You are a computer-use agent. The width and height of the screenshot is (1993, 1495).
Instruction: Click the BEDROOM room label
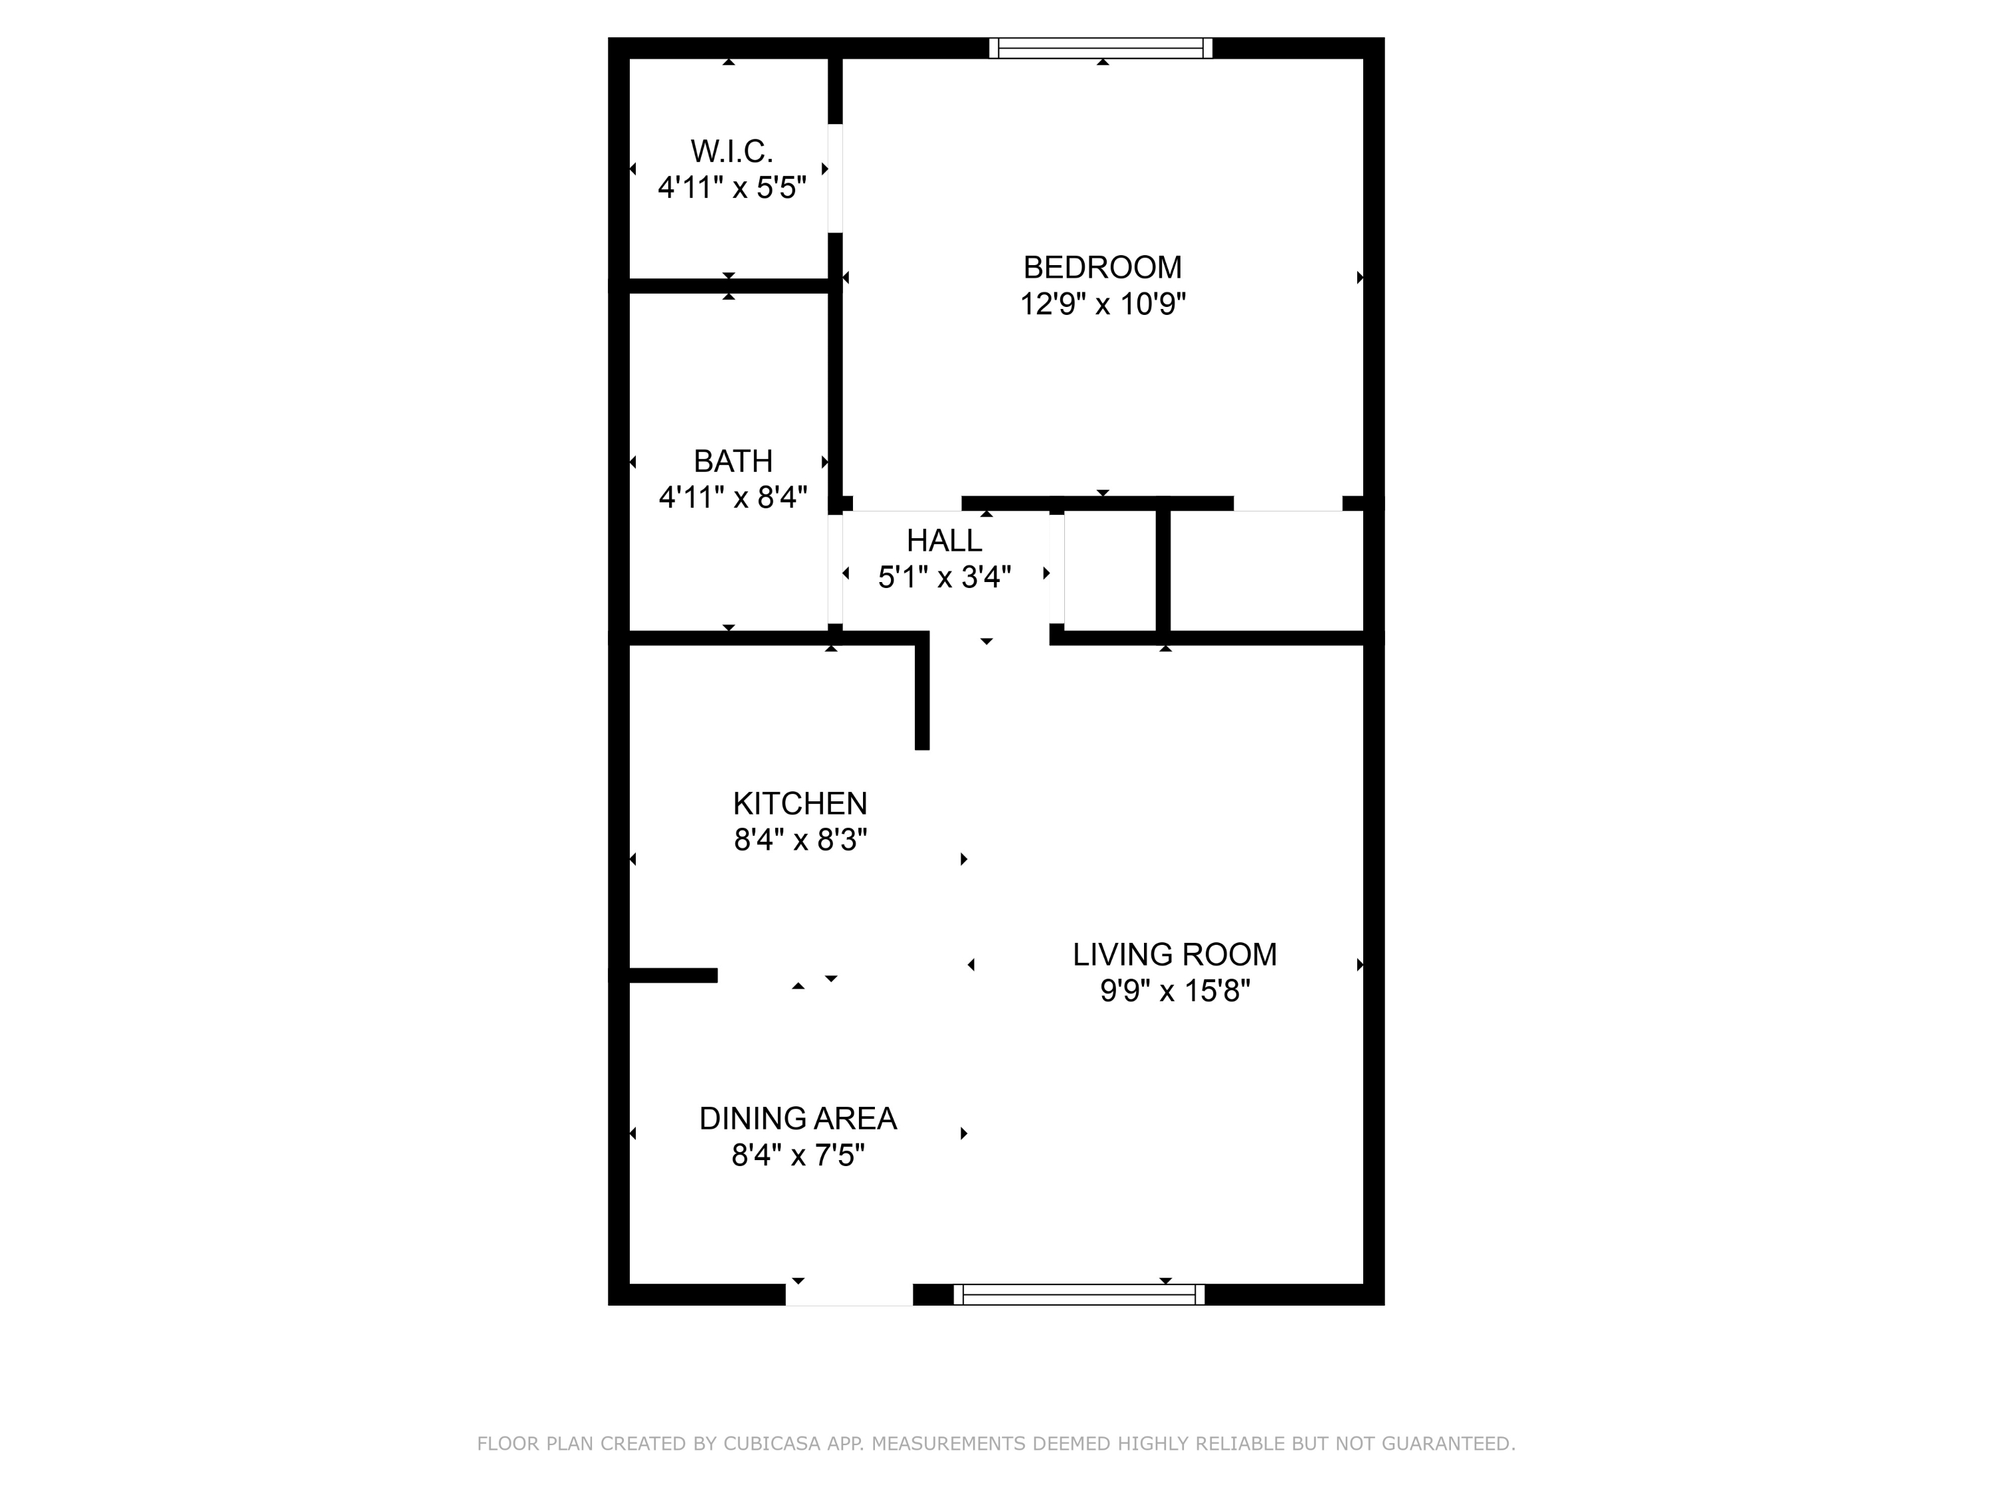[x=1102, y=268]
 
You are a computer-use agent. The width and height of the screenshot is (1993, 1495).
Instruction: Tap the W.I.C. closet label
[x=731, y=151]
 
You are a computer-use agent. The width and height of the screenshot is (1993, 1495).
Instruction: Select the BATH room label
[x=733, y=461]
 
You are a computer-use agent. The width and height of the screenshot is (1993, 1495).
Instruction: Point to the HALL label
[x=944, y=541]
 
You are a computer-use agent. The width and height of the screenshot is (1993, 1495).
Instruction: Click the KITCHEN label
[x=800, y=803]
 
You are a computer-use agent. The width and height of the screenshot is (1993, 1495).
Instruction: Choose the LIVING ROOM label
[x=1175, y=954]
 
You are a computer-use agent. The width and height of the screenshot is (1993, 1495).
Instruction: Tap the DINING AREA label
[x=799, y=1118]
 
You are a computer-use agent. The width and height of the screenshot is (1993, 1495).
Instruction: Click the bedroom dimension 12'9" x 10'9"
[x=1102, y=304]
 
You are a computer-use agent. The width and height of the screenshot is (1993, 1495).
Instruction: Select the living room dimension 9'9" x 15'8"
[x=1175, y=991]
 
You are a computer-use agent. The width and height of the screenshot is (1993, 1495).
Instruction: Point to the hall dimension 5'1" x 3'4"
[x=944, y=577]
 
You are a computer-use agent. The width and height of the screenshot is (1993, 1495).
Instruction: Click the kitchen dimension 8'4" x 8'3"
[x=800, y=840]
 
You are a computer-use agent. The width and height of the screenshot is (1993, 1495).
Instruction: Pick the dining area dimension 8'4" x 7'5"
[x=799, y=1155]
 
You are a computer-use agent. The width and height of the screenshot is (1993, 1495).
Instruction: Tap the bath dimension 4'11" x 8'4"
[x=733, y=498]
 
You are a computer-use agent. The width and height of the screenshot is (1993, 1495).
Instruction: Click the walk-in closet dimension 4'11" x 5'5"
[x=731, y=188]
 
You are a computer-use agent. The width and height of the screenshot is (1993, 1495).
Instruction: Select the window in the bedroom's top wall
[x=1101, y=48]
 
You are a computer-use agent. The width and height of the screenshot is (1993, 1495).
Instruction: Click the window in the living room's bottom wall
[x=1080, y=1295]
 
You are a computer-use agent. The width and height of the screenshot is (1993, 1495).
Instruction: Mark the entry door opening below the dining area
[x=849, y=1295]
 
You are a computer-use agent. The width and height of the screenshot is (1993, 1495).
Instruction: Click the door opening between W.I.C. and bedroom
[x=835, y=179]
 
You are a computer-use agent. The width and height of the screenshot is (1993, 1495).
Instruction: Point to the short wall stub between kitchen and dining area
[x=673, y=975]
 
